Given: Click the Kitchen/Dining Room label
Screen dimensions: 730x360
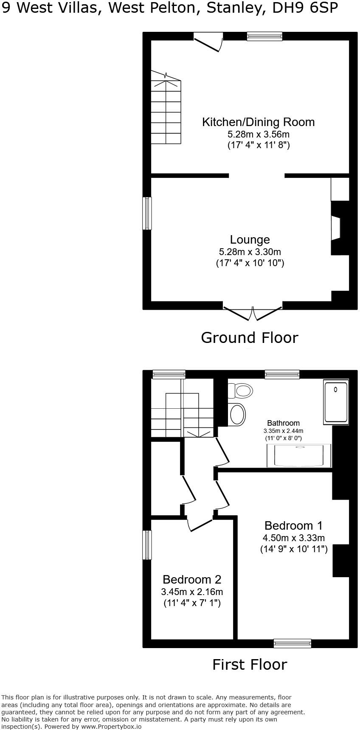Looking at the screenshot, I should [x=258, y=122].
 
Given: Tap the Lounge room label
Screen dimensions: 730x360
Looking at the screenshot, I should [x=250, y=240].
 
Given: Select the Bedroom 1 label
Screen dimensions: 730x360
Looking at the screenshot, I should [x=293, y=525].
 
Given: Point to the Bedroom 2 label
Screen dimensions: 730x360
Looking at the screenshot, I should [x=192, y=579].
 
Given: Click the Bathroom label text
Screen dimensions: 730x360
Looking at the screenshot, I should [x=283, y=423].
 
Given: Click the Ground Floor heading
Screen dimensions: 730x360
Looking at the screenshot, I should [x=249, y=338].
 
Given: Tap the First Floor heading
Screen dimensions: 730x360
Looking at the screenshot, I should [x=250, y=664].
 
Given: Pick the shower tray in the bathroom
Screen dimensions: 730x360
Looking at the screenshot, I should [x=336, y=402].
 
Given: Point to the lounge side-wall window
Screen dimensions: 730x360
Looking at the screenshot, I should [x=147, y=213].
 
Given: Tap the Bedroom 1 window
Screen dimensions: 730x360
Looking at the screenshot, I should [x=292, y=643].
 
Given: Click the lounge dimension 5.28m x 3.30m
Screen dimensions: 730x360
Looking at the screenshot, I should [x=250, y=252].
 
